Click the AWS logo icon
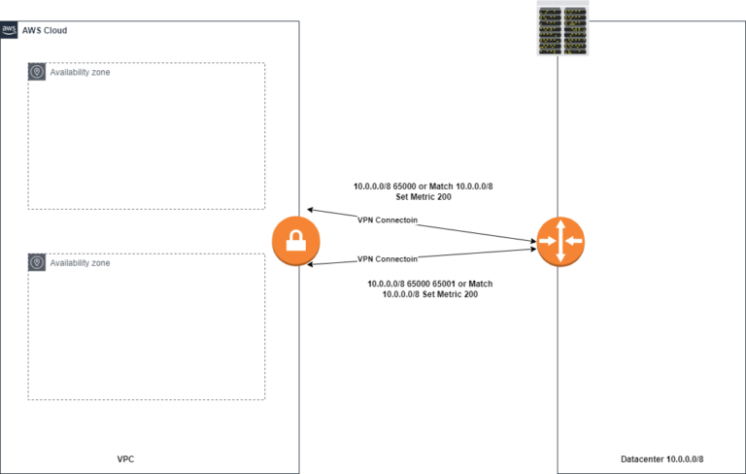9,30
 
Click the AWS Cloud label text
45,31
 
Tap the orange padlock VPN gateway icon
289,242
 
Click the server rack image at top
563,27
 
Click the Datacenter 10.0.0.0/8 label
661,457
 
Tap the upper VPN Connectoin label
388,220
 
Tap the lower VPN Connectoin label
388,259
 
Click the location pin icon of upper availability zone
37,72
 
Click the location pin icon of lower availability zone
37,262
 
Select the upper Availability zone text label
80,72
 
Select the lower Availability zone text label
80,263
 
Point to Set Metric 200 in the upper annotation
430,196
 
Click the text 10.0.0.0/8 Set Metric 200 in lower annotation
430,294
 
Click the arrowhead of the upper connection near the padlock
310,209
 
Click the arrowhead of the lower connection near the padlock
310,263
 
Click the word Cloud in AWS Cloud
54,31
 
